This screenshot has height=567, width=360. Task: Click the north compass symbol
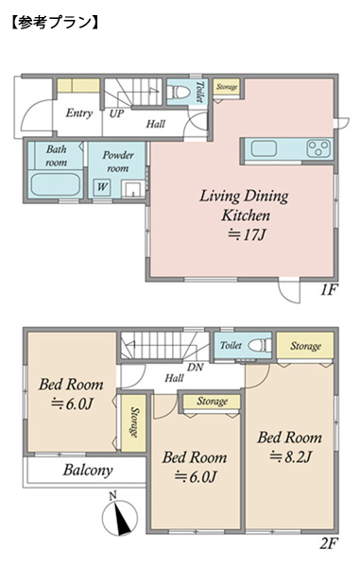click(119, 514)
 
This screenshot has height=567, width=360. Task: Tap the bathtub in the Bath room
click(56, 184)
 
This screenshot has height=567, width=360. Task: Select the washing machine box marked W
click(102, 187)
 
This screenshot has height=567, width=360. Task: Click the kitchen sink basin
click(264, 148)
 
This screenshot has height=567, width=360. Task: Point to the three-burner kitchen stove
click(318, 148)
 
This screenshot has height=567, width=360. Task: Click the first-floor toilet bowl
click(180, 92)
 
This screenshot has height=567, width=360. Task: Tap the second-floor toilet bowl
click(260, 345)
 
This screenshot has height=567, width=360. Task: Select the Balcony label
click(88, 470)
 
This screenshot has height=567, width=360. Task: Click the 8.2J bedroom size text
click(290, 457)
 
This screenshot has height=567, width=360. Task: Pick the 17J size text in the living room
click(247, 235)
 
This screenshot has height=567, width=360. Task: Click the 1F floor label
click(329, 290)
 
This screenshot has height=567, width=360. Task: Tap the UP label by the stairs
click(116, 113)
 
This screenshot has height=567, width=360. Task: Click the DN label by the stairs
click(196, 368)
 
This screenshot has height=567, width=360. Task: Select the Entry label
click(79, 113)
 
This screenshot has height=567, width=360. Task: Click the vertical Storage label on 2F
click(134, 422)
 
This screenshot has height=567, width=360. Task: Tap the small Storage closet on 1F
click(226, 87)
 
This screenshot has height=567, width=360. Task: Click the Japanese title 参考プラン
click(55, 23)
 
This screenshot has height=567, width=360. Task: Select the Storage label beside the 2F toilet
click(305, 346)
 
